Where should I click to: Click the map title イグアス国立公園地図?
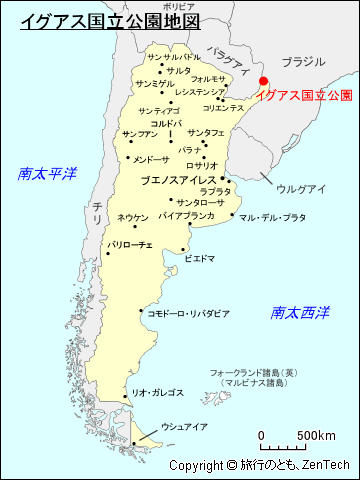click(x=109, y=19)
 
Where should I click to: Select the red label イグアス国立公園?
click(x=304, y=95)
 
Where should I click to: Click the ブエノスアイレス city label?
click(x=177, y=181)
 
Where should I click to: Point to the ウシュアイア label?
click(x=184, y=427)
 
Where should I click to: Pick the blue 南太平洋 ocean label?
click(x=47, y=173)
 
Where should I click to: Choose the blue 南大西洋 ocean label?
click(x=300, y=312)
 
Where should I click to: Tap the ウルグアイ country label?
click(x=301, y=188)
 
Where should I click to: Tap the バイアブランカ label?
click(x=186, y=215)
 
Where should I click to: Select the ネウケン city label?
click(x=132, y=217)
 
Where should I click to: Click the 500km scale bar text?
click(x=316, y=435)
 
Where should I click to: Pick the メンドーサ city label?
click(x=151, y=159)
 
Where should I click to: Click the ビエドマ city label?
click(x=199, y=258)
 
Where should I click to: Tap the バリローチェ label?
click(x=130, y=244)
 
